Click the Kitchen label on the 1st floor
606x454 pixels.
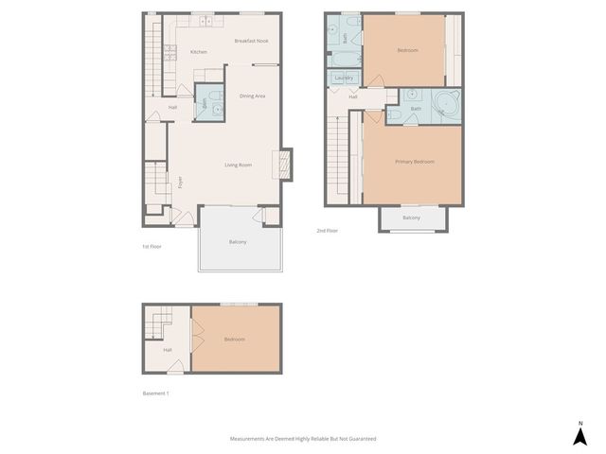point(199,52)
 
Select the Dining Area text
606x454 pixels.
point(252,96)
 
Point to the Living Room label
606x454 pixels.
point(238,166)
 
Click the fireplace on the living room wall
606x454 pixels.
point(279,165)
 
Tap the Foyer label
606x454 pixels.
point(181,182)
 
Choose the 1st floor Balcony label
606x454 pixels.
point(238,242)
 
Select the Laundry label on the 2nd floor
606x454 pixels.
point(345,78)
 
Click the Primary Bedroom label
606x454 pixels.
point(415,162)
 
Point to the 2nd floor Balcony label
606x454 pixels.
point(411,218)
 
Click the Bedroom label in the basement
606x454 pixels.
point(235,339)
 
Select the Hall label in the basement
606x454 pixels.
point(168,350)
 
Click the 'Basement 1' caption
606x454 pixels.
point(155,393)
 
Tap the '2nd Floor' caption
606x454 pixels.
point(327,230)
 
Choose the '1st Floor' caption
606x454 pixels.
point(151,246)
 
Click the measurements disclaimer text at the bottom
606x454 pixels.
point(303,439)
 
